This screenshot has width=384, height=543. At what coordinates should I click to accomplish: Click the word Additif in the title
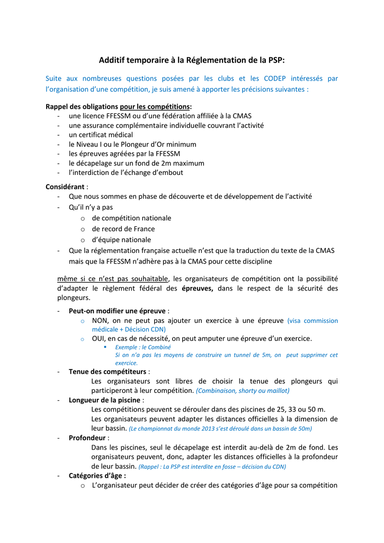click(114, 60)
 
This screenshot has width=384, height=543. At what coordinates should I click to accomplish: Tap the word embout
click(170, 172)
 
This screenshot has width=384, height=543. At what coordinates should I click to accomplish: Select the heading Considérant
click(65, 187)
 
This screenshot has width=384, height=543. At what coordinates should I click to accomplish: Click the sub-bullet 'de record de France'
click(123, 229)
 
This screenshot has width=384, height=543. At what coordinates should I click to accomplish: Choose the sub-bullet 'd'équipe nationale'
click(121, 240)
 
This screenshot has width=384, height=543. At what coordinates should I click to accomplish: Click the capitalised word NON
click(100, 320)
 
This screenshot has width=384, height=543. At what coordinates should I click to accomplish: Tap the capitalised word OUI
click(99, 338)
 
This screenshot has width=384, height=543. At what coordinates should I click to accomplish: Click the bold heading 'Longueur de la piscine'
click(104, 400)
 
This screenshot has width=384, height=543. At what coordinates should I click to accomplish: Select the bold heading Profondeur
click(87, 438)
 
